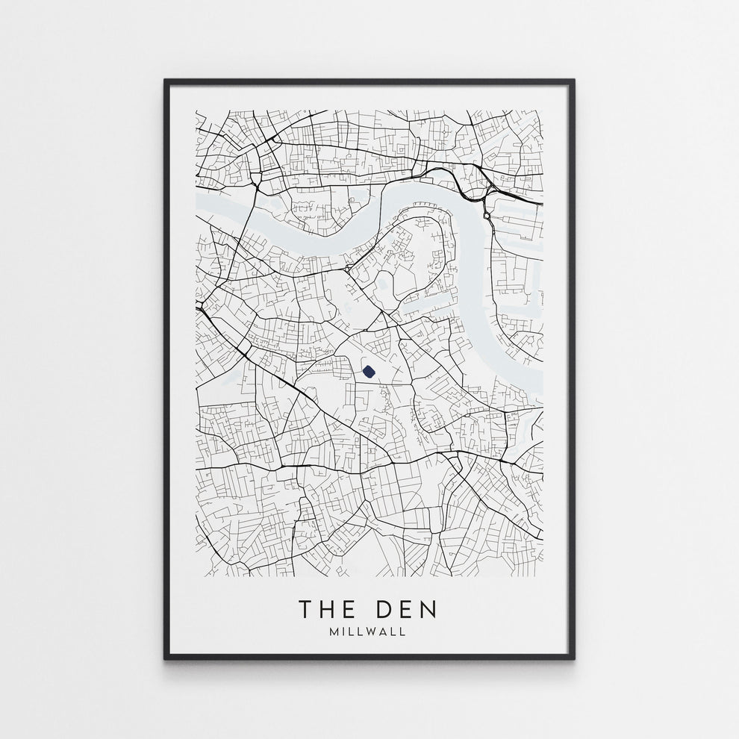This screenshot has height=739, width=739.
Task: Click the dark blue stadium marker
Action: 368,371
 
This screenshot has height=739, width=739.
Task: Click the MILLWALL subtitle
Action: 369,632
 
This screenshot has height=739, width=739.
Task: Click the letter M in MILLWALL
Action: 333,632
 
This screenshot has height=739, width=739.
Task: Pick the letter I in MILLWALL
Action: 343,632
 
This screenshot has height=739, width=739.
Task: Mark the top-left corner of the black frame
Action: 165,79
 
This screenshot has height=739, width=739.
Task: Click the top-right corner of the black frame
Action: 574,79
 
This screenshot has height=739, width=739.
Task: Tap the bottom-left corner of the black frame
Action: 165,659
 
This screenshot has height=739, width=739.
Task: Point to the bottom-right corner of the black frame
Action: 574,659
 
